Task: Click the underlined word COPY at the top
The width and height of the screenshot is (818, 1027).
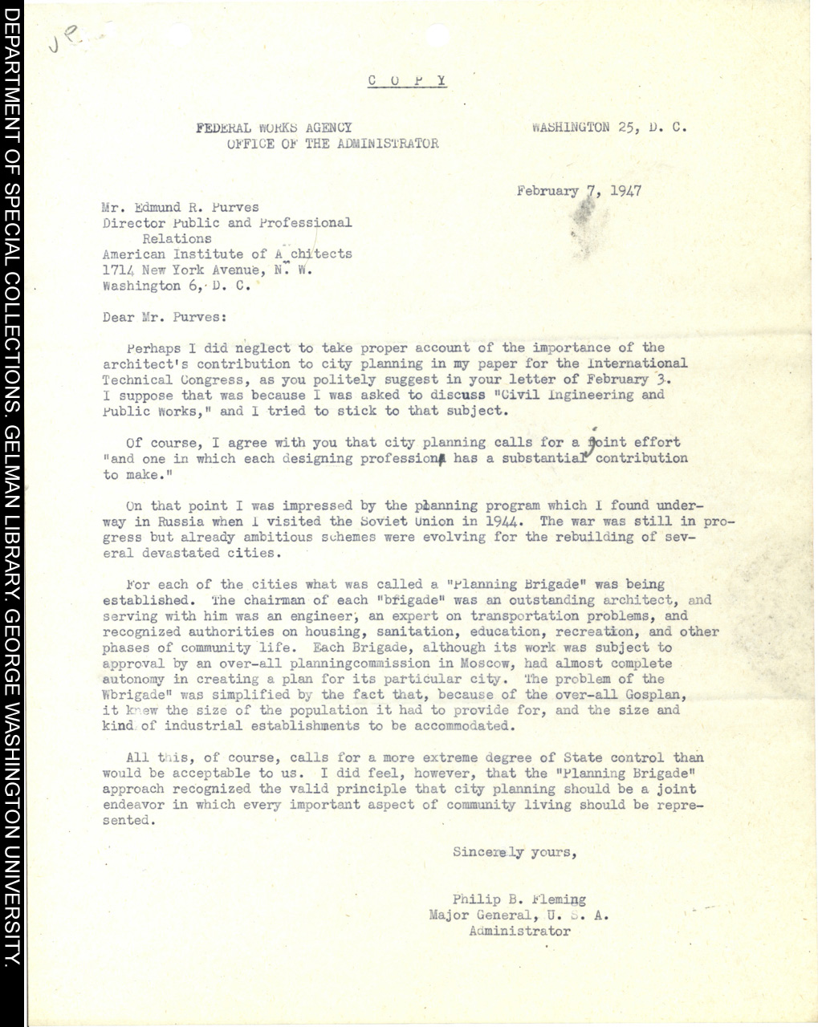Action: [407, 80]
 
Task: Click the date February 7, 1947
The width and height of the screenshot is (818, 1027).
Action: [579, 191]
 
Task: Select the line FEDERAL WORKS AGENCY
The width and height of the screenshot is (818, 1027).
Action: [274, 128]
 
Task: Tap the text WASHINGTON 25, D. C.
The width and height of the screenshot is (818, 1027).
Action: [608, 127]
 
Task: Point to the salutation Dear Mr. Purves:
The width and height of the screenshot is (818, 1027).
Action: [165, 317]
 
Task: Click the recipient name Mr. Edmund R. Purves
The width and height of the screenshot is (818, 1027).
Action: [181, 207]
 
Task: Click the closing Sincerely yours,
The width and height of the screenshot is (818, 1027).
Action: [515, 852]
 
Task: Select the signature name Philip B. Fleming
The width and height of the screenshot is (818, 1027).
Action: [519, 899]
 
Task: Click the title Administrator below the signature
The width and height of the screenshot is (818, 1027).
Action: [519, 932]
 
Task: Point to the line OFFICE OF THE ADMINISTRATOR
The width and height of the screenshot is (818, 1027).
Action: [332, 144]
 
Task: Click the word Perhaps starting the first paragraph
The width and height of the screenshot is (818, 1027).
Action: [151, 348]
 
